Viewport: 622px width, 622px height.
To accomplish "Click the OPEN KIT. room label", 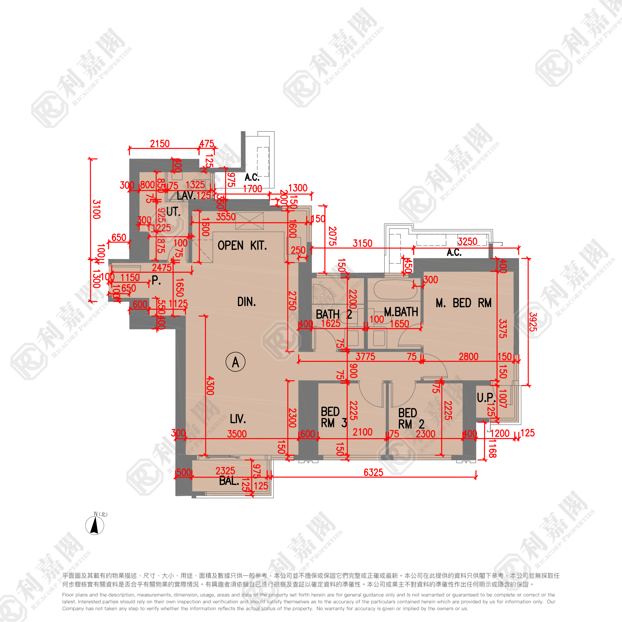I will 242,246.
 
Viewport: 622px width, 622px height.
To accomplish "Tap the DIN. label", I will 246,302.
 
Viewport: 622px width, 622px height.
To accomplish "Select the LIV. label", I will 238,419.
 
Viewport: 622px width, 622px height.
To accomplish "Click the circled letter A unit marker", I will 235,362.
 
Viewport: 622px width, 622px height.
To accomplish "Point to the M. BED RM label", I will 463,303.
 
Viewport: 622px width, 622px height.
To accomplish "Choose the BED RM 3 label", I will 334,417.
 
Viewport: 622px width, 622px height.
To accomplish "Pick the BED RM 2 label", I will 411,418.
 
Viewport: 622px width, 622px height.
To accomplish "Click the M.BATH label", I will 401,312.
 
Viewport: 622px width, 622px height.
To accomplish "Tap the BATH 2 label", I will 334,314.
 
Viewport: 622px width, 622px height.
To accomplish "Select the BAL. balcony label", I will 229,481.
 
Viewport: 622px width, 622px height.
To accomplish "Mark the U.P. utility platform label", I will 486,398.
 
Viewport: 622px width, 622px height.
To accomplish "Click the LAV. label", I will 186,195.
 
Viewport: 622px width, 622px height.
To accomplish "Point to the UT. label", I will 173,211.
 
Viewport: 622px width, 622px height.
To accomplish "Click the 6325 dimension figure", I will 373,472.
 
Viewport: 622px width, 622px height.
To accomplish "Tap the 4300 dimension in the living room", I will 210,385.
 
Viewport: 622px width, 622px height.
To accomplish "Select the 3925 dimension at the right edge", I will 533,322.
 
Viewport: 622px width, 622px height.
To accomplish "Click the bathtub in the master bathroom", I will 395,290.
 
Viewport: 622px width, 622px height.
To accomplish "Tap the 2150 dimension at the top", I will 160,144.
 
